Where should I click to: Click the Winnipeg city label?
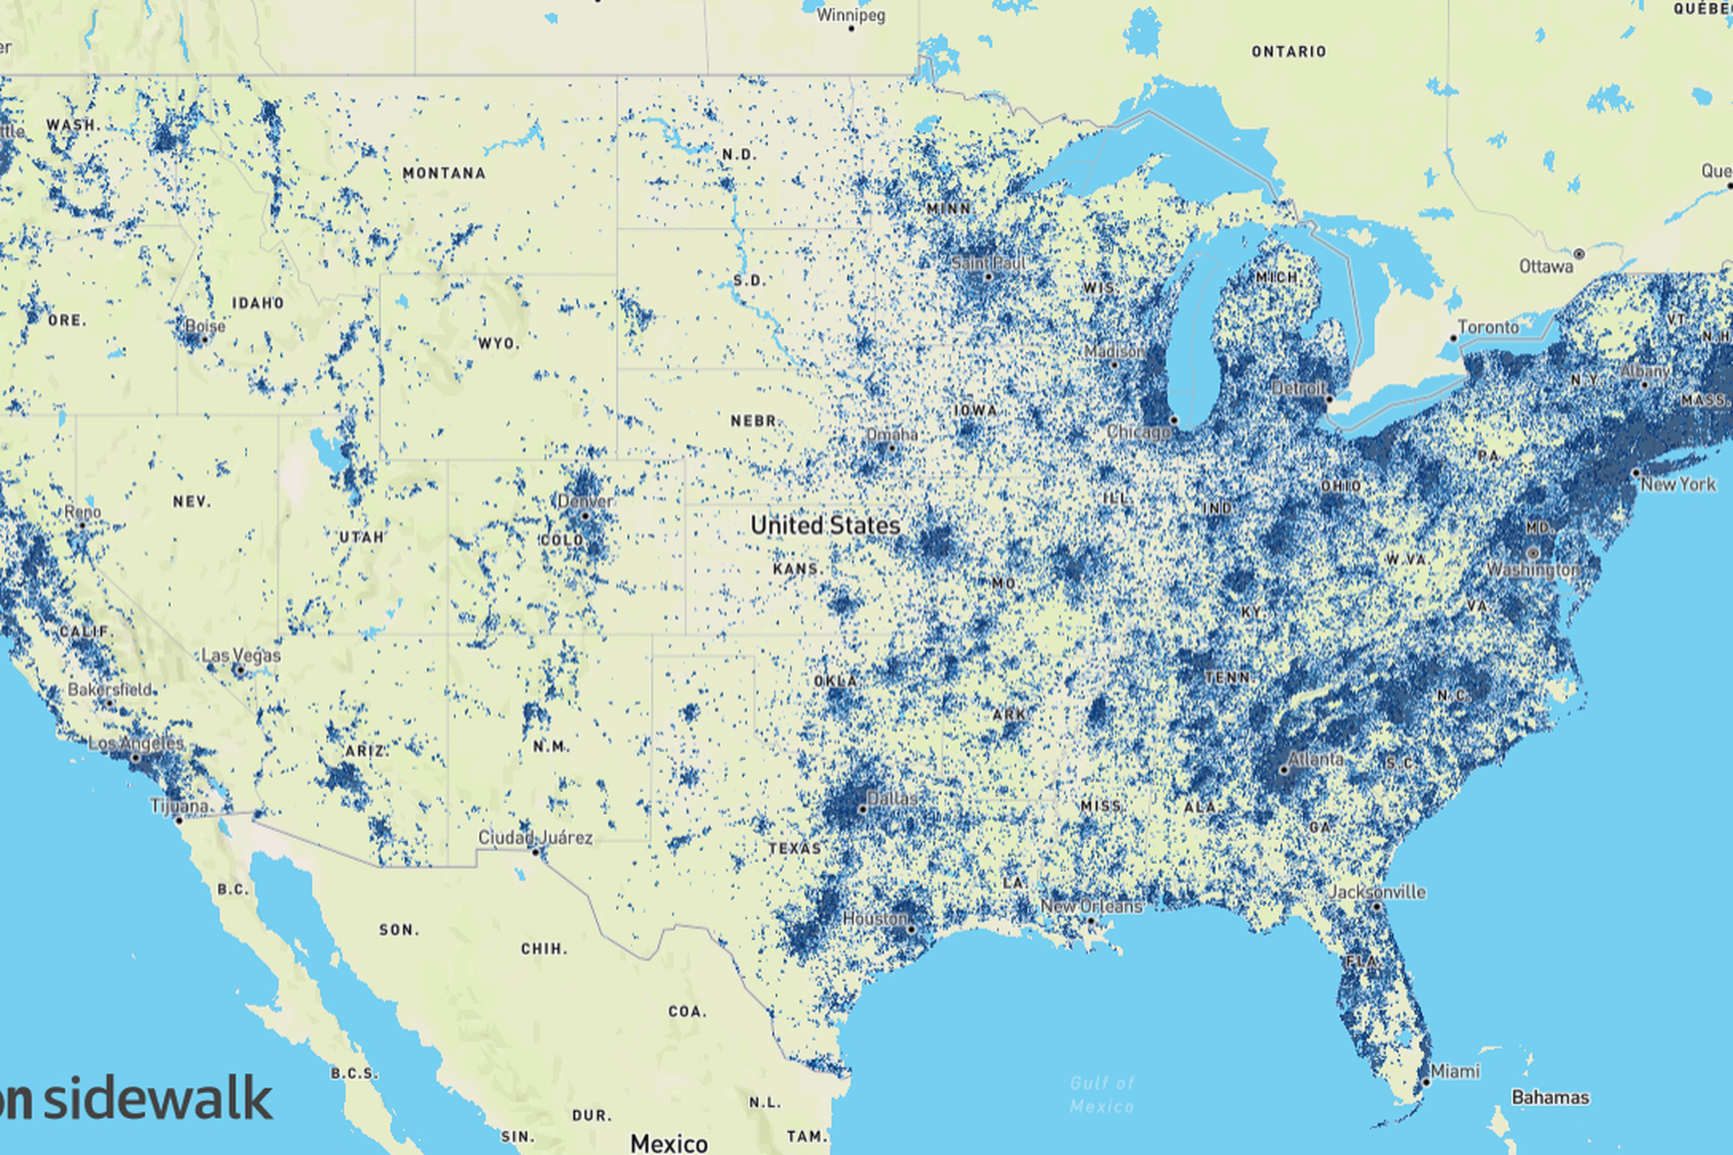851,14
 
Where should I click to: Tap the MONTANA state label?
443,173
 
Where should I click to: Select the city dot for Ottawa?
1579,253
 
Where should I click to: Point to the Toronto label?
1487,327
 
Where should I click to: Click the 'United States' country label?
825,526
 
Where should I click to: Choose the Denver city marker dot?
585,516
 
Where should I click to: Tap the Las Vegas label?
241,655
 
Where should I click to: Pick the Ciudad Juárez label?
535,837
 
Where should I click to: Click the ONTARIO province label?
1289,51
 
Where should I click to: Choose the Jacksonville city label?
1377,892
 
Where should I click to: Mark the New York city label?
1678,484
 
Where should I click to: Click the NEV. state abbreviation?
192,502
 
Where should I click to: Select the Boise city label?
205,326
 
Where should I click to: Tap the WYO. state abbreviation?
499,344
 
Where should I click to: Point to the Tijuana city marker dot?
178,820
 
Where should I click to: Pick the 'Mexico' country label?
669,1143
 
